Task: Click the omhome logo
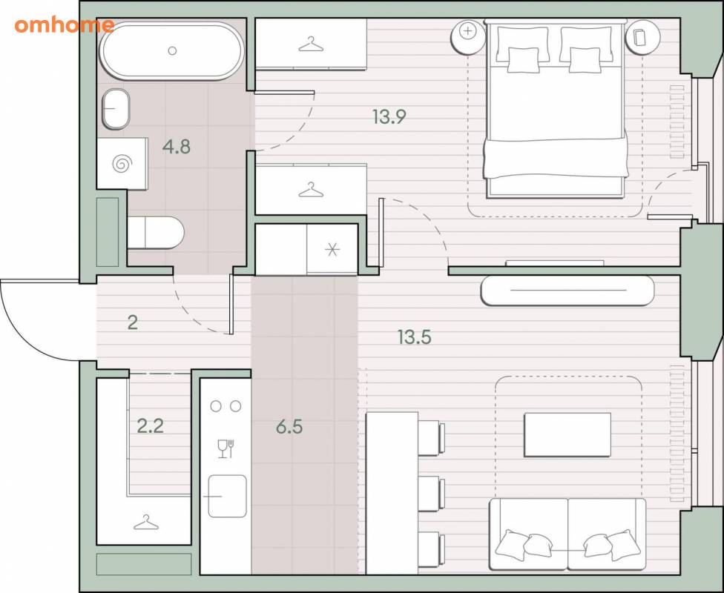pyautogui.click(x=65, y=25)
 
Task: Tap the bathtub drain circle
pyautogui.click(x=172, y=50)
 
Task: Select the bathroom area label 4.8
pyautogui.click(x=177, y=147)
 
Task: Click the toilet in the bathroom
pyautogui.click(x=156, y=233)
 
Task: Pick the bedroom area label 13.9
pyautogui.click(x=389, y=117)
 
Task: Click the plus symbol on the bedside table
pyautogui.click(x=468, y=31)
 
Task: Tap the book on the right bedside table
pyautogui.click(x=640, y=37)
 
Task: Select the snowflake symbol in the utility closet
pyautogui.click(x=332, y=250)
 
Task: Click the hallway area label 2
pyautogui.click(x=133, y=322)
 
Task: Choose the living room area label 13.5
pyautogui.click(x=414, y=337)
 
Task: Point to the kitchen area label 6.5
pyautogui.click(x=289, y=427)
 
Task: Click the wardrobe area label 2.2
pyautogui.click(x=151, y=426)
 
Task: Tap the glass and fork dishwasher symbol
pyautogui.click(x=226, y=448)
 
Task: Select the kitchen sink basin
pyautogui.click(x=227, y=496)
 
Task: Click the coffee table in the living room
pyautogui.click(x=567, y=434)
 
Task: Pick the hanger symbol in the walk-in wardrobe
pyautogui.click(x=146, y=523)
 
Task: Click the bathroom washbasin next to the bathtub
pyautogui.click(x=116, y=109)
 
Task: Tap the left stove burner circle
pyautogui.click(x=216, y=406)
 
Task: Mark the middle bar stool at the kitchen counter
pyautogui.click(x=431, y=494)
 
